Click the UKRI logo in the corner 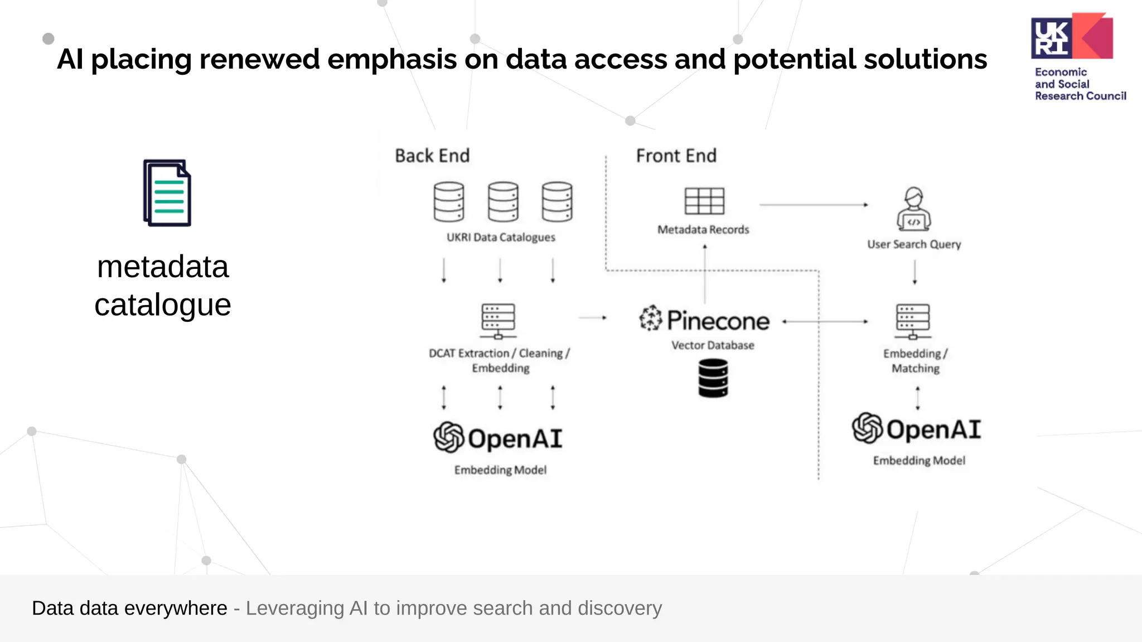click(1071, 37)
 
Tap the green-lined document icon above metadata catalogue click(167, 193)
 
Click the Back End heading click(432, 156)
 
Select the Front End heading click(676, 156)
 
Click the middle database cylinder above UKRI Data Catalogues click(502, 201)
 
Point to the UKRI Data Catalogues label click(500, 237)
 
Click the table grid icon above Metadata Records click(704, 201)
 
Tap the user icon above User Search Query click(913, 209)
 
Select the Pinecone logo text click(718, 321)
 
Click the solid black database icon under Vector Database click(713, 378)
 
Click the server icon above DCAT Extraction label click(498, 321)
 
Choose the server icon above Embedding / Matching click(912, 321)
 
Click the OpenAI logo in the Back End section click(498, 438)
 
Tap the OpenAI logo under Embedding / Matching click(916, 428)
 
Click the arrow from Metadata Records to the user click(813, 205)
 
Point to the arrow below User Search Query click(914, 272)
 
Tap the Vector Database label click(712, 345)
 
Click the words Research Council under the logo click(1080, 96)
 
